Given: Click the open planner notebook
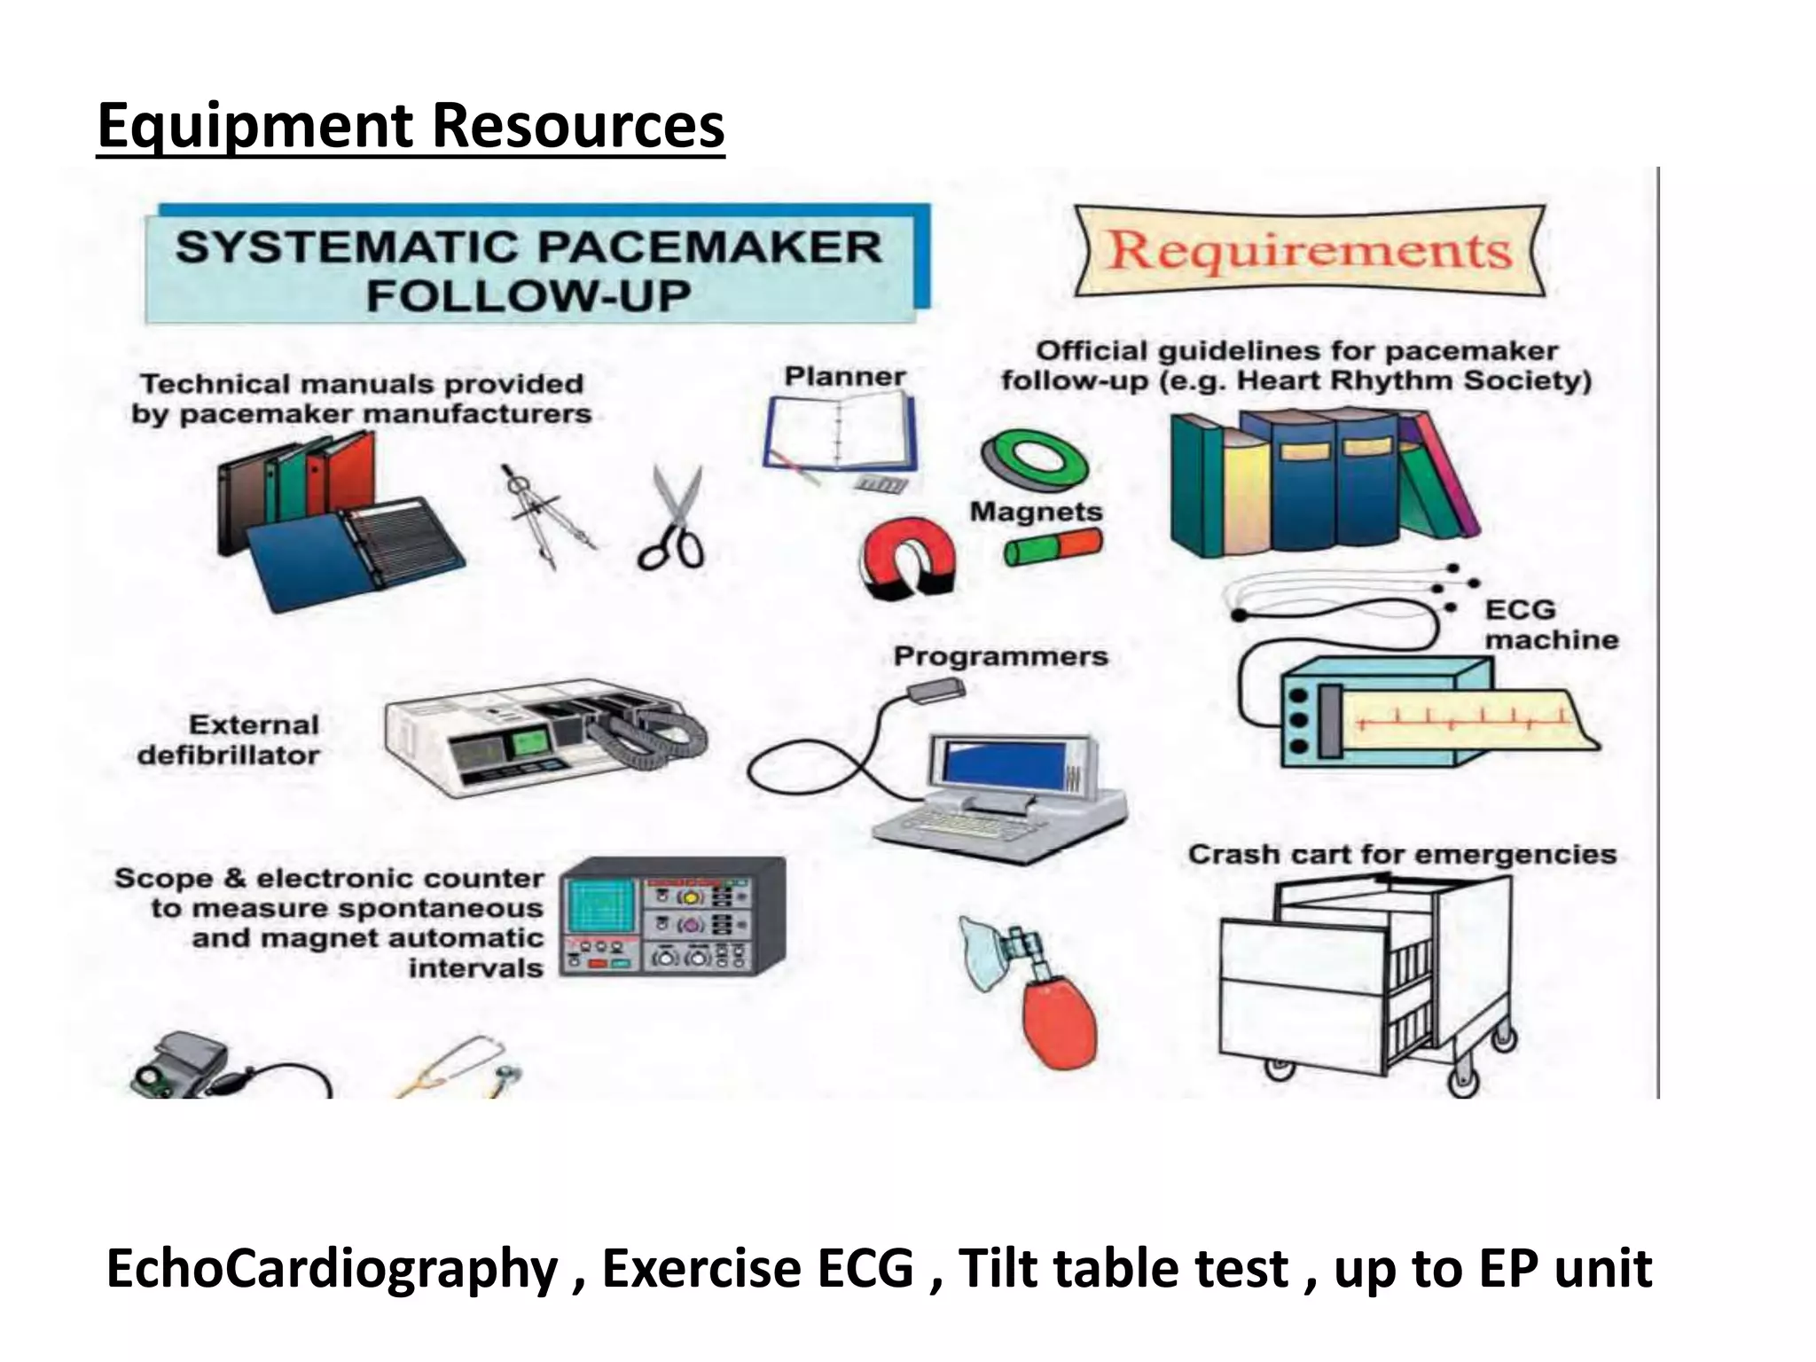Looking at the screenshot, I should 839,434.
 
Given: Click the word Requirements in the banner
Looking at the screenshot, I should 1309,250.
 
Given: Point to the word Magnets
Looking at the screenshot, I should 1036,512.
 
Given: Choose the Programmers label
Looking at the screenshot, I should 1000,656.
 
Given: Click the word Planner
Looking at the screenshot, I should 844,376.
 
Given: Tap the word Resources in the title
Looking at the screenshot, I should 578,126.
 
